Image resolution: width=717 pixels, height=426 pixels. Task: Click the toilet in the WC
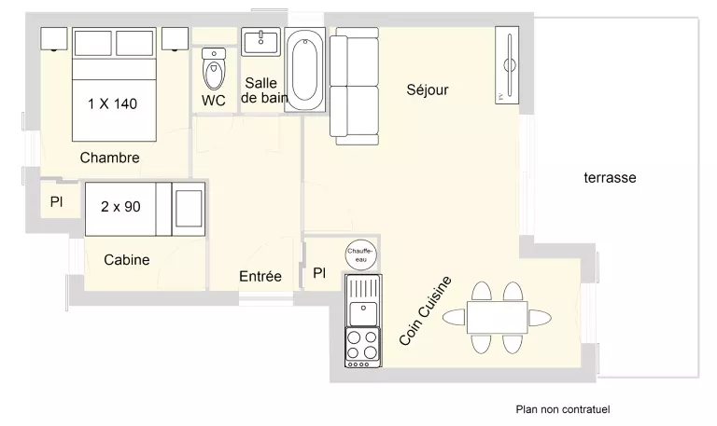point(214,69)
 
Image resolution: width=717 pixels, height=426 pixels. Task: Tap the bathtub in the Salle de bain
point(304,69)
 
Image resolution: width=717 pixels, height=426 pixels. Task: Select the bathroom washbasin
point(260,42)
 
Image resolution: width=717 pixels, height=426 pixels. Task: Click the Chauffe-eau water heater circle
point(360,254)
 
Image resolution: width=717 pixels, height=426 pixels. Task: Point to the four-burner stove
point(363,348)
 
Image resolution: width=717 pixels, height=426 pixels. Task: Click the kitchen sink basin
point(363,313)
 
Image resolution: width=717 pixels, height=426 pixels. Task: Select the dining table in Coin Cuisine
point(497,317)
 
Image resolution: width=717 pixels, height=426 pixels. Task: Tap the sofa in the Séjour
point(355,87)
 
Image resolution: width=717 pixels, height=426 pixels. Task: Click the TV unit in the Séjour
point(507,65)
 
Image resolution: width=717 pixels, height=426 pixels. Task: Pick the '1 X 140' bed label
point(112,104)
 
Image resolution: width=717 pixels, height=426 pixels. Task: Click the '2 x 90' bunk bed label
point(120,207)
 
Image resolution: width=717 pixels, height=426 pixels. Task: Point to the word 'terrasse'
point(610,178)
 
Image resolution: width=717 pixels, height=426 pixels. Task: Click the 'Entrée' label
point(260,276)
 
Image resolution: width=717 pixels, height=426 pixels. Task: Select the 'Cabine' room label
point(127,260)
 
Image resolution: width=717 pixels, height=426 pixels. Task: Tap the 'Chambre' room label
point(110,158)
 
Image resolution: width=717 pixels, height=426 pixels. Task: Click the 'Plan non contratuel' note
point(563,409)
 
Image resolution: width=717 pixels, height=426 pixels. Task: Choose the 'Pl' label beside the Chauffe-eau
point(319,273)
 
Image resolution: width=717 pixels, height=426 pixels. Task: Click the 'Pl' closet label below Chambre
point(56,201)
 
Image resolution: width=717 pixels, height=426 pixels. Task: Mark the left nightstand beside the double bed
point(54,39)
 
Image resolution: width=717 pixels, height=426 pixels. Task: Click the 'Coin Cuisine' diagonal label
point(426,310)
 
